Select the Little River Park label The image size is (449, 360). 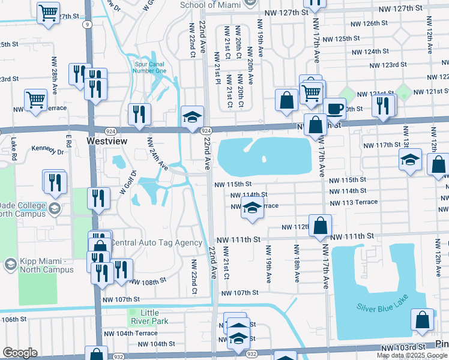pos(150,317)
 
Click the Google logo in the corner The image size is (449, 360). pos(19,353)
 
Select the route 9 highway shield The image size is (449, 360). pos(88,25)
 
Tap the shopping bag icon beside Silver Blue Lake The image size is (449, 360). pos(423,321)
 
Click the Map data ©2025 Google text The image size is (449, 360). pos(411,355)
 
